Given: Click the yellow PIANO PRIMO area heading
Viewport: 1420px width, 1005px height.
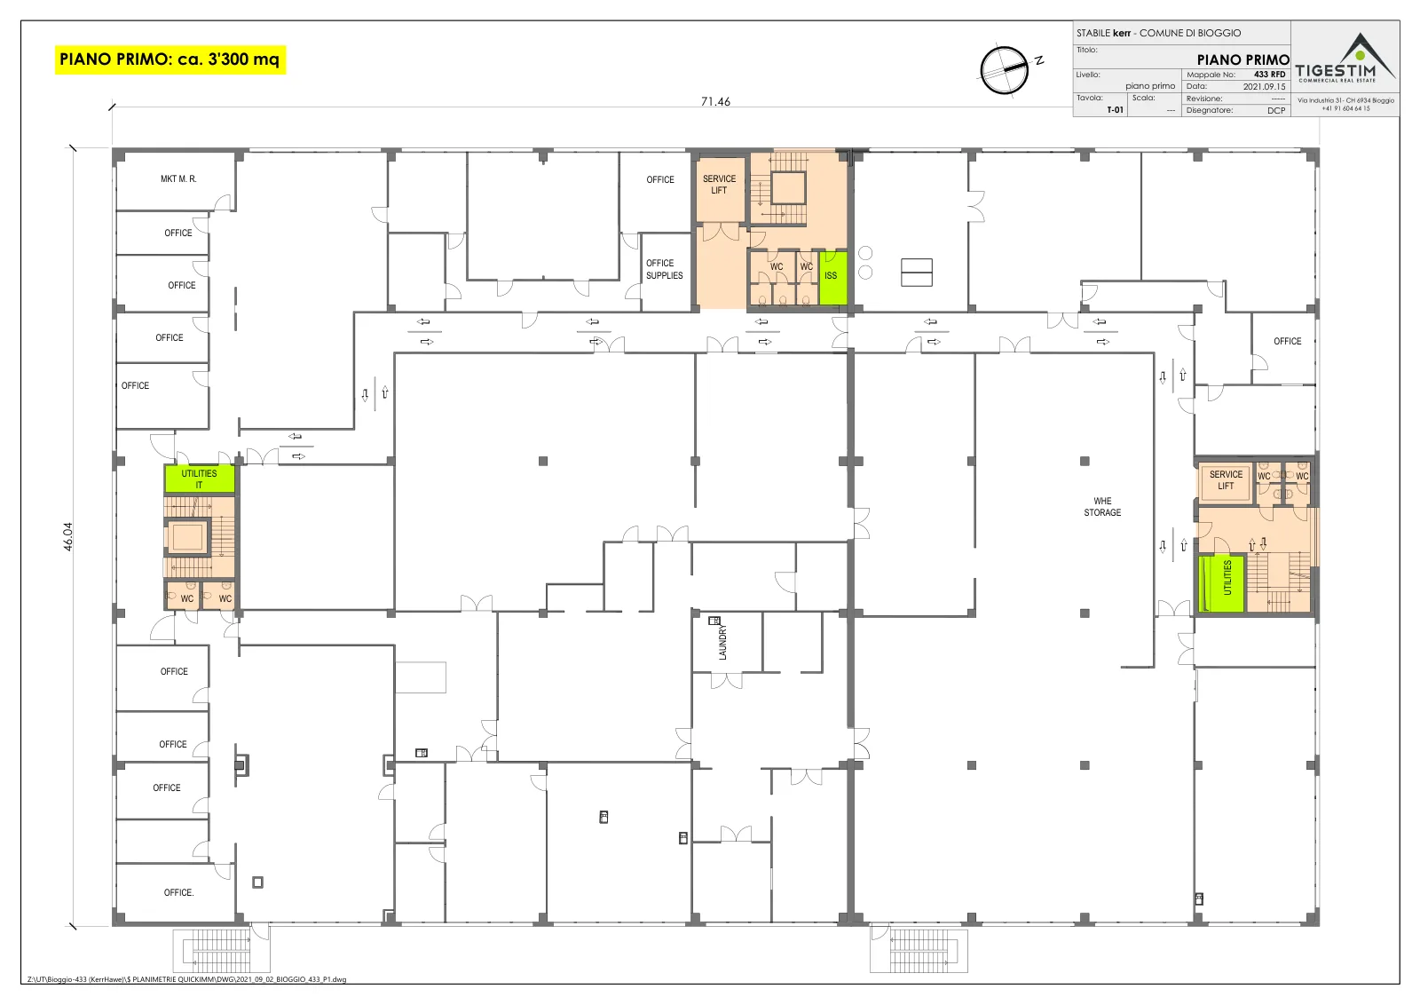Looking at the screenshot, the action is pos(170,59).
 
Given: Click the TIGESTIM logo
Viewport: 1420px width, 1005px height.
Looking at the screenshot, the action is pos(1345,59).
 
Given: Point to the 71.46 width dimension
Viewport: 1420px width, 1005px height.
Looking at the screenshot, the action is pos(715,101).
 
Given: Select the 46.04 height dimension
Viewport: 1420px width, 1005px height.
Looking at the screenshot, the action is pos(67,536).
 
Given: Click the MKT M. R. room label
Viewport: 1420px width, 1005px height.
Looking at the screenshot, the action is pos(178,178).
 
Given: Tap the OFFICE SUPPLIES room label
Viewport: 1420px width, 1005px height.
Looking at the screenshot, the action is pos(665,269).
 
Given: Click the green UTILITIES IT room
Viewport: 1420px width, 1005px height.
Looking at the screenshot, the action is pos(199,479).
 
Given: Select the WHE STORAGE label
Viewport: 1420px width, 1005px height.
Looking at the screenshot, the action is pos(1102,507).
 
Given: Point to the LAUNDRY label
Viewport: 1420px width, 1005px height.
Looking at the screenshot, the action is pos(722,642).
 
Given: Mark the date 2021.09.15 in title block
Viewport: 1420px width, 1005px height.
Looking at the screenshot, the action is pos(1264,87).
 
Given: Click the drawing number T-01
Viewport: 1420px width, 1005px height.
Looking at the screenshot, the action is pos(1115,110).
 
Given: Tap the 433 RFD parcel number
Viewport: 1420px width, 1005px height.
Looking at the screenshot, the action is pos(1269,75).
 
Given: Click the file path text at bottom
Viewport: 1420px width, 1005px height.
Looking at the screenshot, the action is pos(187,979).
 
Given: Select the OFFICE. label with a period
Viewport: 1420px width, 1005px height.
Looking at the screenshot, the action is pos(178,892).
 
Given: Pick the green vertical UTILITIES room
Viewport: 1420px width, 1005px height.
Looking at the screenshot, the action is pos(1221,583).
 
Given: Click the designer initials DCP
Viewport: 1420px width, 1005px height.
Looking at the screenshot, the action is pos(1276,110).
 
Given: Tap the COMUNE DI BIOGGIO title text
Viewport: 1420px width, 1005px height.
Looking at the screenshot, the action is pos(1190,33).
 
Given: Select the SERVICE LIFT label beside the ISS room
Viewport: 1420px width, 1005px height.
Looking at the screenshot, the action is pos(719,185).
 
